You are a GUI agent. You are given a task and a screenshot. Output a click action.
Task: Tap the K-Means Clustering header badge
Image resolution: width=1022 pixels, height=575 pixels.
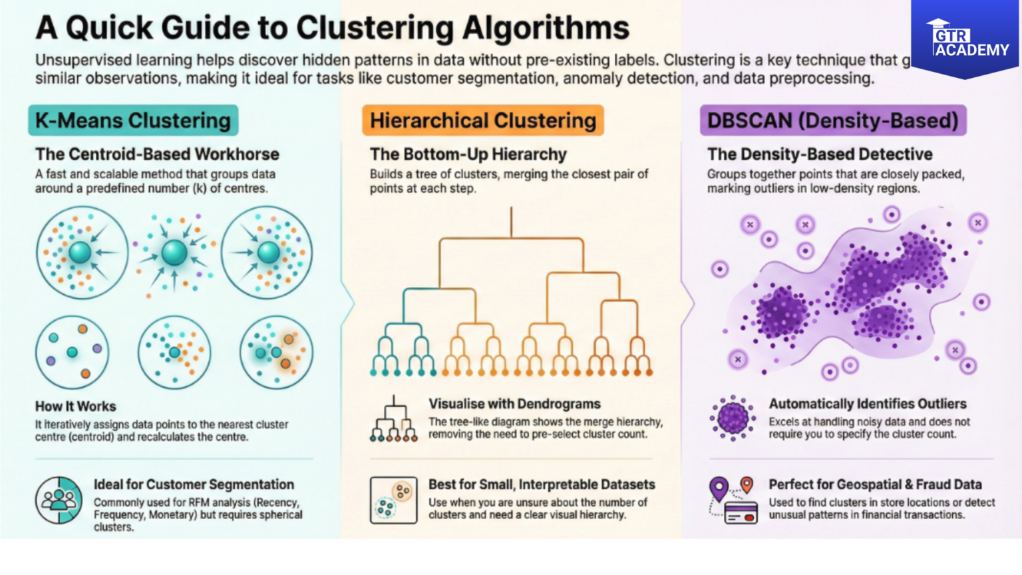[x=133, y=120]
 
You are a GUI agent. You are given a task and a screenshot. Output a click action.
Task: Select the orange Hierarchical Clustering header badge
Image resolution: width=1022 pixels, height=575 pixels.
[x=483, y=120]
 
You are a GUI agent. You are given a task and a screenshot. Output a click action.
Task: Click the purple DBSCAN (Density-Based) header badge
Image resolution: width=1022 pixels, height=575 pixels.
[x=832, y=120]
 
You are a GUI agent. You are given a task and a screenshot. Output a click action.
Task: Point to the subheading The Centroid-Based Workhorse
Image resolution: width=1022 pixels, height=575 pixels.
[x=157, y=154]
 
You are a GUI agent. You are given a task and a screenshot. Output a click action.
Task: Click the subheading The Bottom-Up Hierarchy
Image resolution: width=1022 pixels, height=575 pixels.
[x=468, y=154]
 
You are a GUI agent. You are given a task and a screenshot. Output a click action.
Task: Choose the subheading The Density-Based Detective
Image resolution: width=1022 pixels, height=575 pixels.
[x=820, y=154]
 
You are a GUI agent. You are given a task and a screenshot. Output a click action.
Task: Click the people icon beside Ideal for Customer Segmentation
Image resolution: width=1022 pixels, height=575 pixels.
[x=59, y=500]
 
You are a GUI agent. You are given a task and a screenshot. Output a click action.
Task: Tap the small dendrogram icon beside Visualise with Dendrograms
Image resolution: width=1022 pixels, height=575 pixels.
[x=394, y=420]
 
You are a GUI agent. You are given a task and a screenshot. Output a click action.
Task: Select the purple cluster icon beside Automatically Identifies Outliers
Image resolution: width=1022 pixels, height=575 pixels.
[x=733, y=419]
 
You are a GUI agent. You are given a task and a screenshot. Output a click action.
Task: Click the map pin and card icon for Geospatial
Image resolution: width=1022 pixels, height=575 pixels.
[x=733, y=500]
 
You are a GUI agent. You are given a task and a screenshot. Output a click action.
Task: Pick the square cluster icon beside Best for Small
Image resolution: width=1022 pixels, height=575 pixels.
[x=394, y=500]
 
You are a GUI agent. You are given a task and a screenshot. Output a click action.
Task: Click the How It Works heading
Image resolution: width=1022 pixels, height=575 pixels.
[x=76, y=406]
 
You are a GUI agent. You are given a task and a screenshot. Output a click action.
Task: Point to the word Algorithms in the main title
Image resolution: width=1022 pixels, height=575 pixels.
[x=546, y=28]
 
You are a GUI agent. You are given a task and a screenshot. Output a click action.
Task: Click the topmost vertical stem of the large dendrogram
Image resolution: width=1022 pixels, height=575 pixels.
[x=511, y=222]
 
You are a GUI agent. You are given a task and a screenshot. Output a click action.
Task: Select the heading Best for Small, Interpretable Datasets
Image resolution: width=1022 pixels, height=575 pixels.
[x=541, y=484]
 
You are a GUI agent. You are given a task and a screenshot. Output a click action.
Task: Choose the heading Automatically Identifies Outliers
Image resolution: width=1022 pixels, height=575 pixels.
[x=868, y=404]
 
